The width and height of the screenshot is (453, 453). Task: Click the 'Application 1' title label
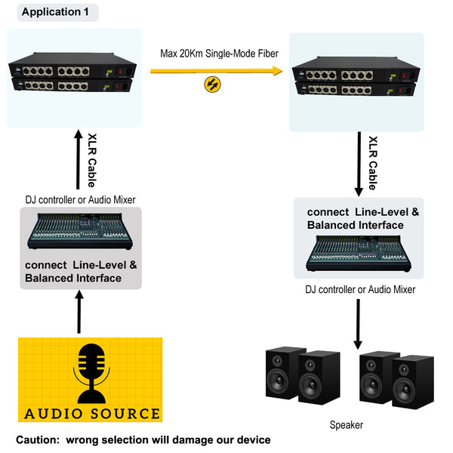coord(55,12)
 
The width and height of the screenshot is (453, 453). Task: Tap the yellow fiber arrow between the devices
coord(217,71)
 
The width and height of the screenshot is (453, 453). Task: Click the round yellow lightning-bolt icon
coord(212,85)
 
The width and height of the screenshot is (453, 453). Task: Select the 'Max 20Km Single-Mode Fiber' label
coord(219,54)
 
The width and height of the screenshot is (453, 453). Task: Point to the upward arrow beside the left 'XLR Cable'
coord(78,159)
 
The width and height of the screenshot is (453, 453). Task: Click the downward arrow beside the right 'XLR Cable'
coord(359,164)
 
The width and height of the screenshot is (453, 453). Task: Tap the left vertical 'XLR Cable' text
coord(92,160)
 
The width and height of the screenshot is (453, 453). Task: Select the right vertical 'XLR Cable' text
coord(373,163)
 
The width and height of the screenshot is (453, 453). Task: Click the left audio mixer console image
coord(80,231)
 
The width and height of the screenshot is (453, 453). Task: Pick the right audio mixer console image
coord(359,253)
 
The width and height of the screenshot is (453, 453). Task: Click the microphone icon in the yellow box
coord(91,373)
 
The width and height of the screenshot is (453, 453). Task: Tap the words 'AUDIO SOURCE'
coord(92,414)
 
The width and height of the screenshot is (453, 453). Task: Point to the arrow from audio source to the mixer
coord(79,312)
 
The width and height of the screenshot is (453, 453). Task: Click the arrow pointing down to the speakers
coord(358,324)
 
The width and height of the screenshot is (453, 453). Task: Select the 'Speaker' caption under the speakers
coord(347,425)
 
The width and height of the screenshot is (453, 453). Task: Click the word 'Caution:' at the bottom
coord(38,439)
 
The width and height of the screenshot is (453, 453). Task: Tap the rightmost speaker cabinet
coord(413,382)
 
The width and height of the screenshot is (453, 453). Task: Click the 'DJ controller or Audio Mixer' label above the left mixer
coord(80,199)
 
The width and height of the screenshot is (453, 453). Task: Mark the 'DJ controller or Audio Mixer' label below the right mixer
coord(360,289)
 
